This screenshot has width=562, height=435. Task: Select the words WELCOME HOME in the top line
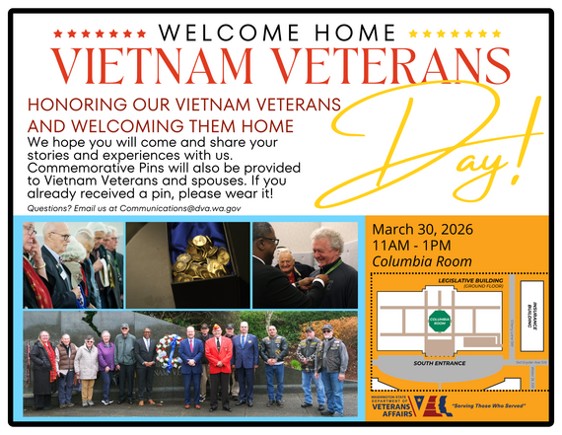tap(280, 32)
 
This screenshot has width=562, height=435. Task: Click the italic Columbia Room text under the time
tap(421, 262)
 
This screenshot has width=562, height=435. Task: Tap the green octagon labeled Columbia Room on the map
tap(440, 322)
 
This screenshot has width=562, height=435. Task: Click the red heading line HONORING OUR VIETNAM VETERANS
tap(184, 104)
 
